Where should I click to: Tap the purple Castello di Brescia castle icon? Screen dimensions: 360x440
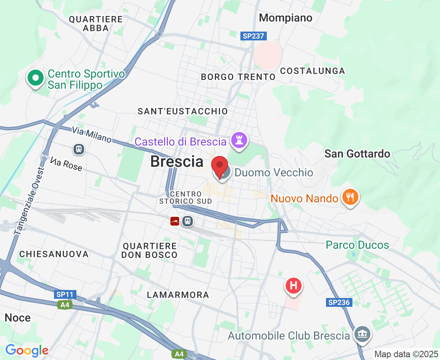tap(239, 140)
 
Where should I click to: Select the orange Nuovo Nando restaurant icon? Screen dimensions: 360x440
tap(350, 197)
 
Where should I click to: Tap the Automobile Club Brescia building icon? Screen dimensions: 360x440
tap(363, 334)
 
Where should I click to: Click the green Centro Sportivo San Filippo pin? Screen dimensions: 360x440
tap(36, 78)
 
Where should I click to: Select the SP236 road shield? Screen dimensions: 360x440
tap(340, 302)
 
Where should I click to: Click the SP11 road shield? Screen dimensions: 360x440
tap(65, 294)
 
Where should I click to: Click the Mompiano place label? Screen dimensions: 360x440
tap(286, 18)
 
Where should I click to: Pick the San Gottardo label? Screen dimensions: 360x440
tap(357, 154)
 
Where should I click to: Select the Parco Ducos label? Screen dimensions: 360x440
tap(357, 245)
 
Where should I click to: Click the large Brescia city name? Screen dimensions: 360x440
tap(177, 162)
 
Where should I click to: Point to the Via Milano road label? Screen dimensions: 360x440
tap(92, 134)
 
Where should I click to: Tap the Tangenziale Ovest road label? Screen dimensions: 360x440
tap(30, 200)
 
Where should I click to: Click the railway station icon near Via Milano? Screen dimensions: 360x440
tap(79, 150)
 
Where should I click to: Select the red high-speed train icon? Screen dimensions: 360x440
tap(174, 221)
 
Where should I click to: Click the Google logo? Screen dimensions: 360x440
tap(27, 351)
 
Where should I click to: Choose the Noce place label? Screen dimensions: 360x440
tap(18, 318)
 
